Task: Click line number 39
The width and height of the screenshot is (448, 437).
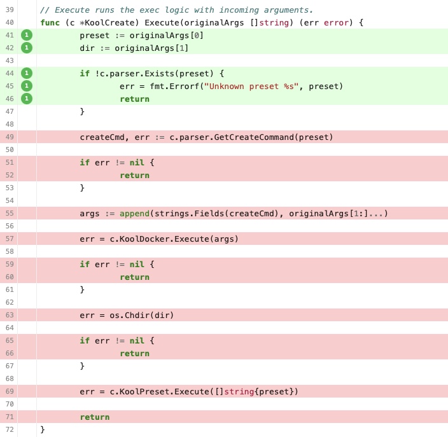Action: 9,10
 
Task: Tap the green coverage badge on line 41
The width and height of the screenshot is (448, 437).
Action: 27,35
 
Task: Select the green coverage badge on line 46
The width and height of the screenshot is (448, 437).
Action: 27,99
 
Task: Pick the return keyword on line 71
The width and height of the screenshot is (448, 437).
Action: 95,417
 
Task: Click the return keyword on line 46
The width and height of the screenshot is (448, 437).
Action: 134,99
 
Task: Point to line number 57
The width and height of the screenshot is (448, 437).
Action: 9,239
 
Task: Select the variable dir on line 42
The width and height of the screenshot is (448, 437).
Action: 87,48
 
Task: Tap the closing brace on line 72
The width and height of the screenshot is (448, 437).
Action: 43,429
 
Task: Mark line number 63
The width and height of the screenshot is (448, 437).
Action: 9,315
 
